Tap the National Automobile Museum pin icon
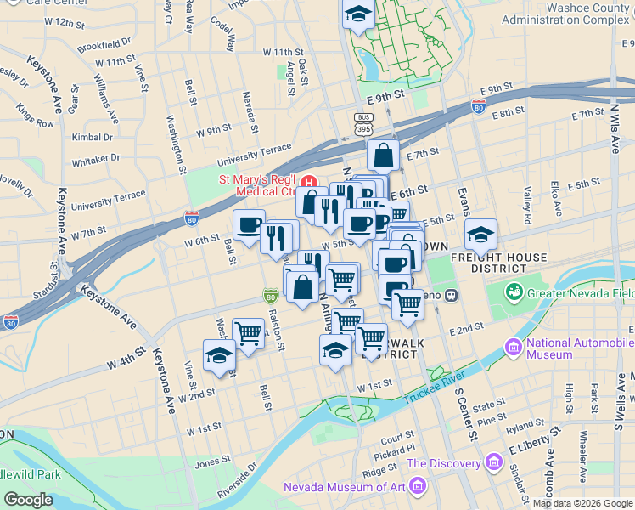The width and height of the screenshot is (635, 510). pos(513,347)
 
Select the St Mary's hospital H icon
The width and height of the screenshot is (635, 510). pos(308,180)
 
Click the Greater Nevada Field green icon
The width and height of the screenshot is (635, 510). pos(514,293)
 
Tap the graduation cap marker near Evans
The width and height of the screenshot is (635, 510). pos(481,233)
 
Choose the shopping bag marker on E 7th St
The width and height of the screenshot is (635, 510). pos(384,156)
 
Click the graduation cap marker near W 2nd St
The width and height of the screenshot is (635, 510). pos(219,355)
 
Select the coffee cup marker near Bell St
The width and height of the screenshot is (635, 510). pos(249,225)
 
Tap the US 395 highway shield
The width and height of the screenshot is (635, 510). pos(363,123)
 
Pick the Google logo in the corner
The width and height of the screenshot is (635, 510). pos(28,500)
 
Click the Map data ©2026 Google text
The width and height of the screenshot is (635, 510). pos(582,503)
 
